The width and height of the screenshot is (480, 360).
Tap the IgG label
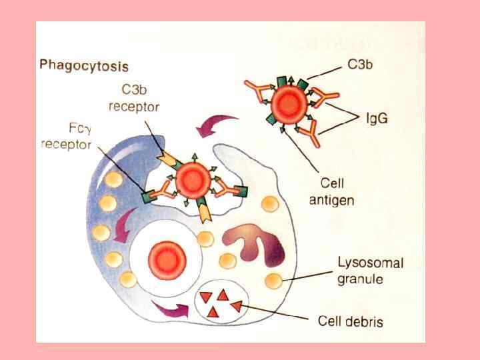(377, 119)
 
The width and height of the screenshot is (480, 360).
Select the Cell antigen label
(332, 190)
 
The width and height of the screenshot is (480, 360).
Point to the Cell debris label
(349, 321)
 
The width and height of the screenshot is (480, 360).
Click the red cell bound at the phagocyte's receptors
(191, 178)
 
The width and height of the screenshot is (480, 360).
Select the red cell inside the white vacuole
(162, 257)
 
